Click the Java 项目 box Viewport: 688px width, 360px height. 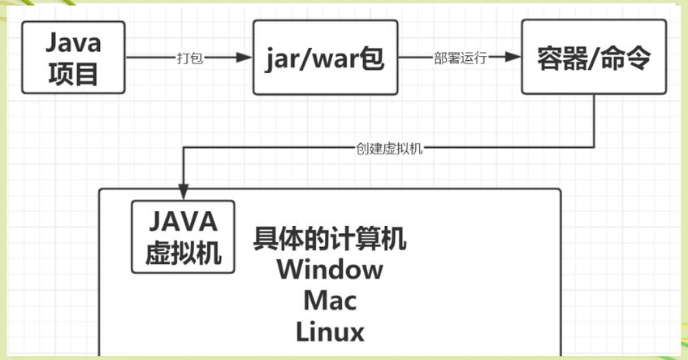coord(73,58)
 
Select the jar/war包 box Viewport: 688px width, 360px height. coord(325,58)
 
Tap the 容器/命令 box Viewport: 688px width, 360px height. coord(593,58)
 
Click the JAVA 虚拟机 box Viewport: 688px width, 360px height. coord(183,236)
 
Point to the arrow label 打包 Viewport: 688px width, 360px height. coord(189,59)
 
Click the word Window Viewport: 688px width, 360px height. coord(329,269)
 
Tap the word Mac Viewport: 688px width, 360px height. coord(330,301)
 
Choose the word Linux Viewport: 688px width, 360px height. coord(330,332)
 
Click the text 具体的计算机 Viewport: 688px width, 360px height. coord(330,240)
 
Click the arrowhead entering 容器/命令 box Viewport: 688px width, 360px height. coord(513,58)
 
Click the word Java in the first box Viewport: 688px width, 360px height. coord(73,41)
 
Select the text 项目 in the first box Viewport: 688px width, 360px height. coord(73,74)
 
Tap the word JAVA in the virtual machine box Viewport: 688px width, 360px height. coord(183,221)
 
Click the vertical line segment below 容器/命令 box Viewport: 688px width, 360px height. coord(596,122)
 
